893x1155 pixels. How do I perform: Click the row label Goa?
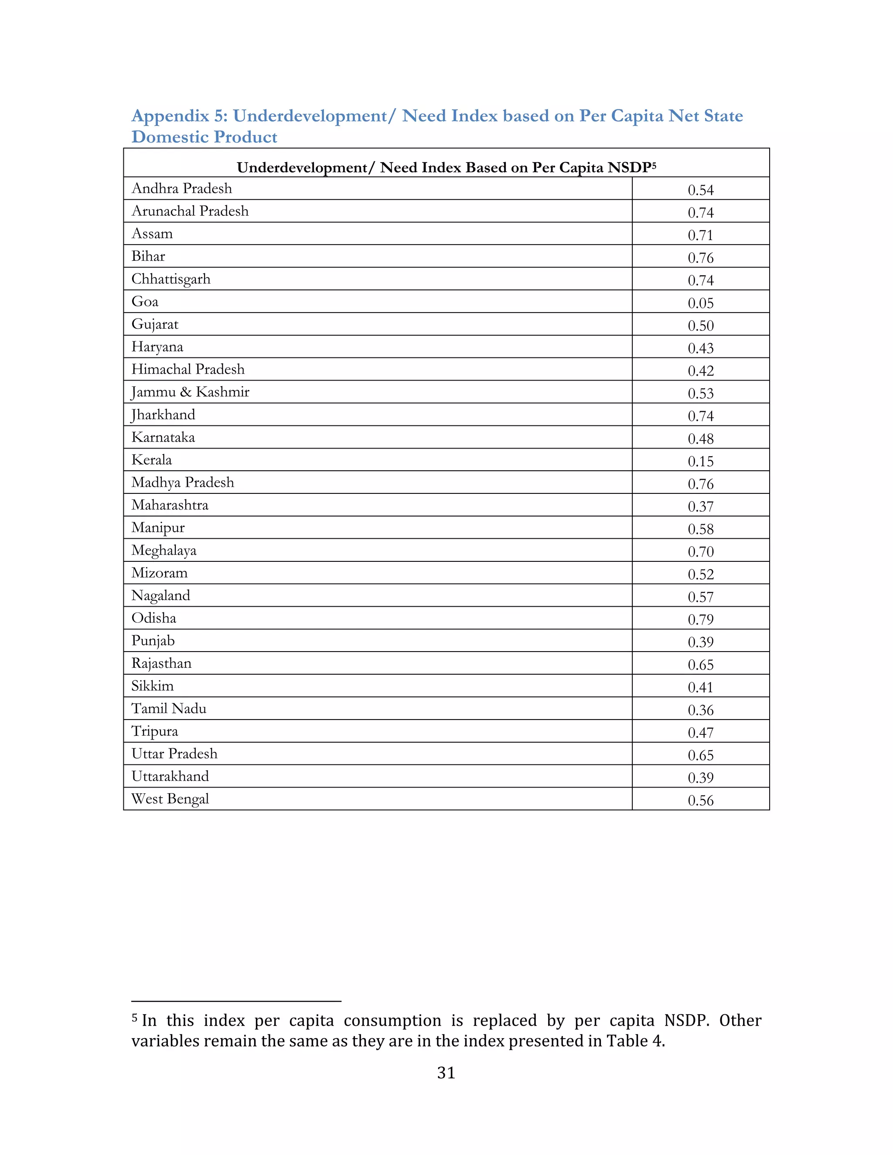click(x=145, y=302)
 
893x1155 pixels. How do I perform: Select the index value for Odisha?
click(x=700, y=619)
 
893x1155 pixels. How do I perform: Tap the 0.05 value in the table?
click(x=700, y=303)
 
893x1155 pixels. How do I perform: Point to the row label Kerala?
click(x=152, y=459)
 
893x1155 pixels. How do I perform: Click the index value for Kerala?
click(x=700, y=461)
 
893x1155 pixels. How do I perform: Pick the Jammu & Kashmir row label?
click(x=191, y=392)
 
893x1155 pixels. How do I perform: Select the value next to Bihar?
click(x=700, y=258)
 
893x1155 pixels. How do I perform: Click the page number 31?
click(x=446, y=1073)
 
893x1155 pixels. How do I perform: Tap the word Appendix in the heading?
click(x=170, y=116)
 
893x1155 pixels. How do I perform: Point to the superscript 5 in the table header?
click(x=654, y=166)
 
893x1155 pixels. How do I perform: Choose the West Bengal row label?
click(x=170, y=798)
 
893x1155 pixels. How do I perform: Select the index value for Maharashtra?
click(x=700, y=506)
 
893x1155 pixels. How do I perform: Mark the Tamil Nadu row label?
click(x=169, y=708)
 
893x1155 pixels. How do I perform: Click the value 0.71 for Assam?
click(x=700, y=235)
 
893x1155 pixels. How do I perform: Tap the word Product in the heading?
click(x=246, y=137)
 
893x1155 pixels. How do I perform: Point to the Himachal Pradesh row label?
click(x=188, y=369)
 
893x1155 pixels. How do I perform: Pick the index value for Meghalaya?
click(x=700, y=552)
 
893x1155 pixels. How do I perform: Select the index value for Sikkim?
click(x=700, y=687)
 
